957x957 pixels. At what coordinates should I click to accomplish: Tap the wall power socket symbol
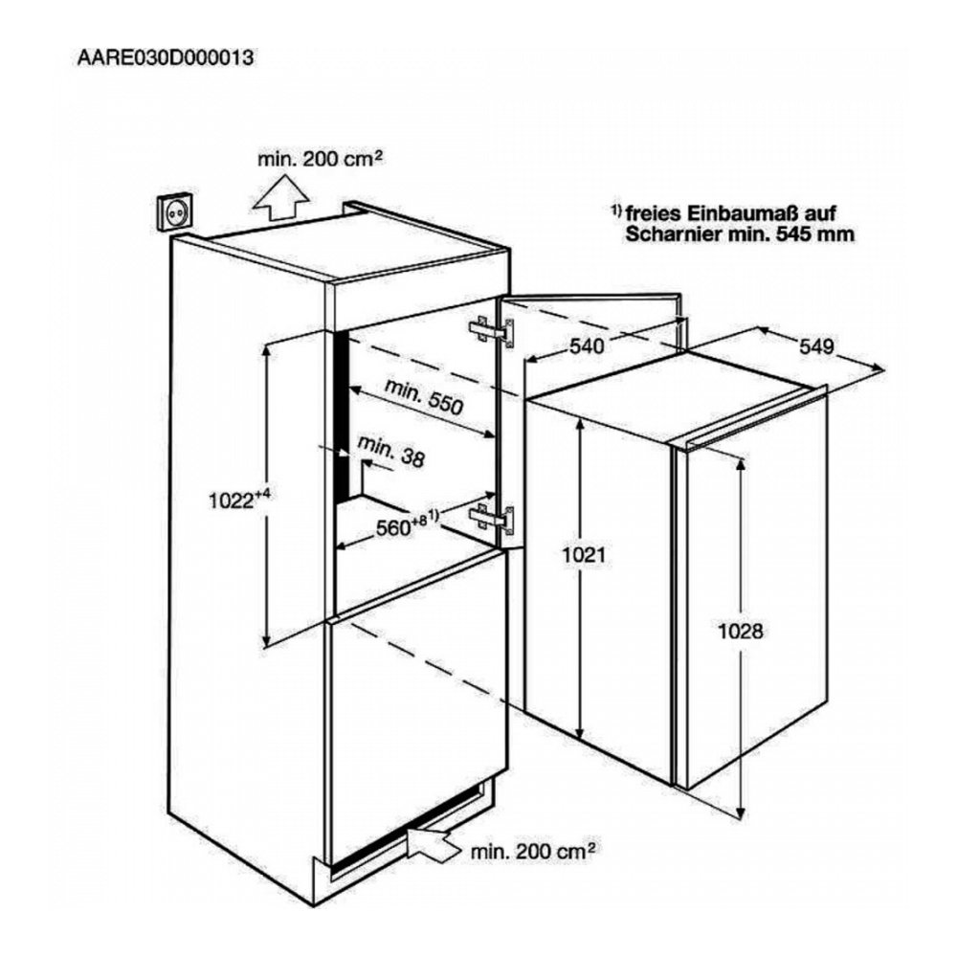(x=175, y=211)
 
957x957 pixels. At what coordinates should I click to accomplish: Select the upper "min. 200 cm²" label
(x=320, y=159)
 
